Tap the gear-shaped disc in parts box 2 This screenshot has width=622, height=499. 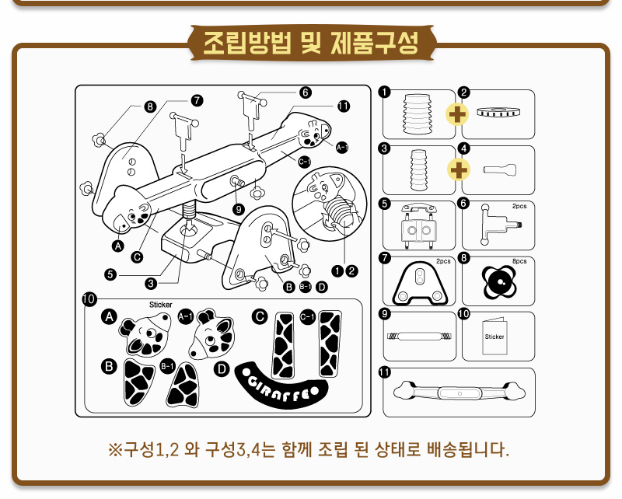click(497, 113)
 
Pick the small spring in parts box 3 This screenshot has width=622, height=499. click(419, 169)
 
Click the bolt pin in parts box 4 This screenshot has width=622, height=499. click(497, 169)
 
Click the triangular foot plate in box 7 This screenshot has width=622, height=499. click(420, 281)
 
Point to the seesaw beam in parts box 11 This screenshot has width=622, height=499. click(459, 392)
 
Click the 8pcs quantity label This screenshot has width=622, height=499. click(519, 262)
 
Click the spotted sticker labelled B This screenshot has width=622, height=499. click(140, 382)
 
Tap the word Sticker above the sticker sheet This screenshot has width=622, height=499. click(160, 305)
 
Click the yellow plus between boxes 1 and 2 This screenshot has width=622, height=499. click(458, 113)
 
